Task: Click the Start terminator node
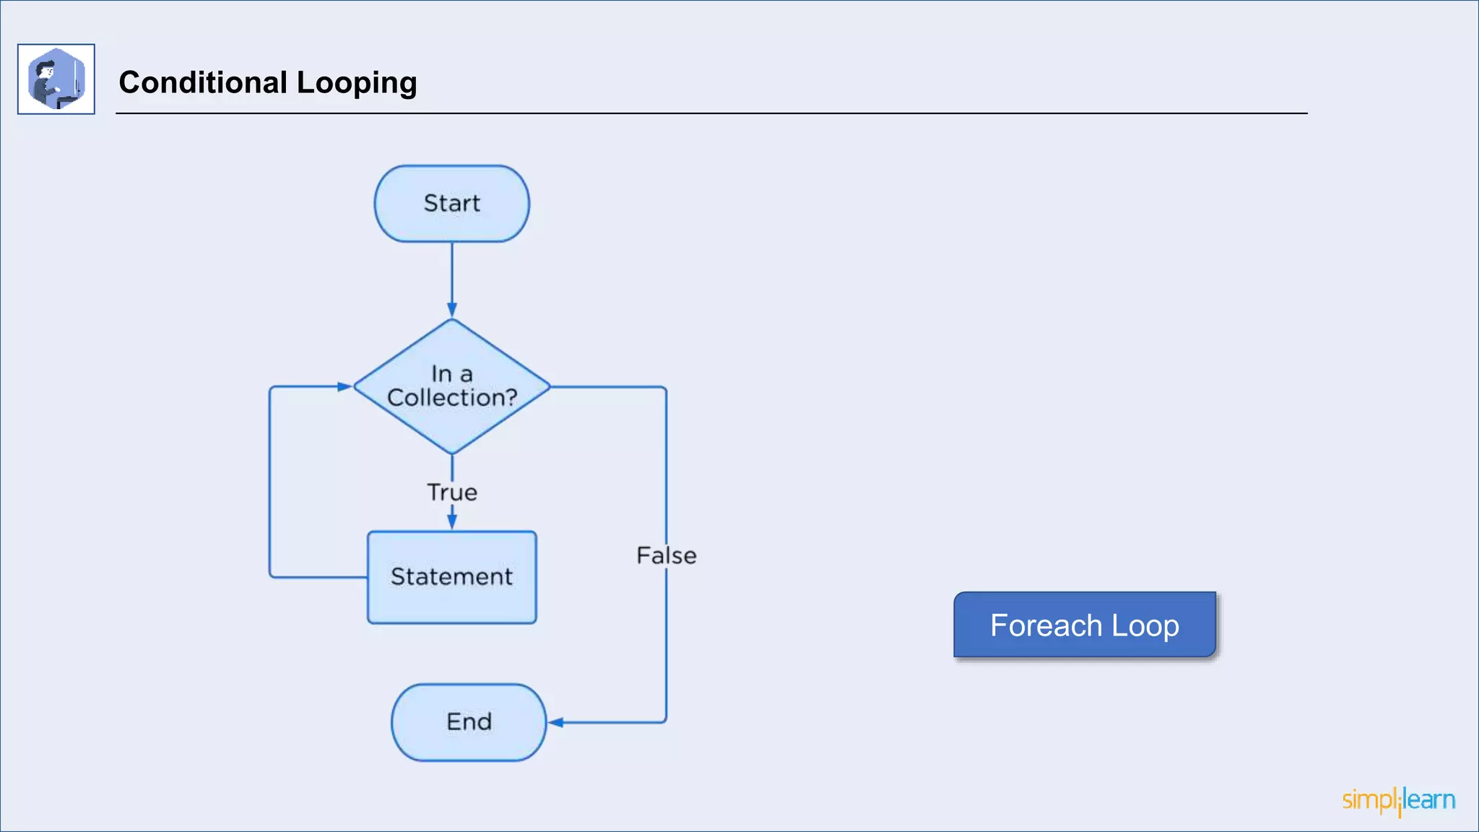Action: point(451,204)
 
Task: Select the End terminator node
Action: point(469,721)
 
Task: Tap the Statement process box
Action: point(451,577)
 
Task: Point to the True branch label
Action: point(452,493)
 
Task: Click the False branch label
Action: point(666,555)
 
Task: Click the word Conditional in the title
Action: point(203,82)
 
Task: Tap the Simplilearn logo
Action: point(1398,800)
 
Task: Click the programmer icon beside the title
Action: point(56,79)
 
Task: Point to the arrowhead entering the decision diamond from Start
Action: point(452,311)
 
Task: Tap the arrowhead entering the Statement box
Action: point(452,521)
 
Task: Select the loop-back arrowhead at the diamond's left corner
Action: point(344,386)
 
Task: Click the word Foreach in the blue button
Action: point(1046,625)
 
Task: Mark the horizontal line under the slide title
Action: point(711,113)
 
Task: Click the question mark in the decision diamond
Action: point(511,397)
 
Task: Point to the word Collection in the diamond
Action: point(446,398)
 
